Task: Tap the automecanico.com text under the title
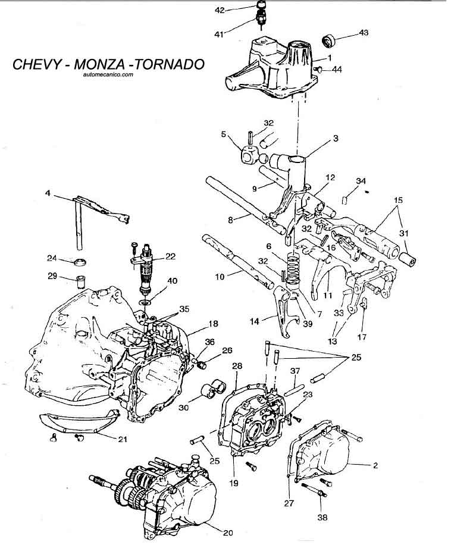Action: tap(105, 75)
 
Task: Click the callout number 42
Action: tap(220, 11)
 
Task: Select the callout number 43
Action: tap(363, 34)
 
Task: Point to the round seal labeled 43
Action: tap(329, 41)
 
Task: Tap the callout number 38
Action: tap(322, 518)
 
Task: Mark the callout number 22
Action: tap(170, 256)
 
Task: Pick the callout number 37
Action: tap(294, 371)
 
